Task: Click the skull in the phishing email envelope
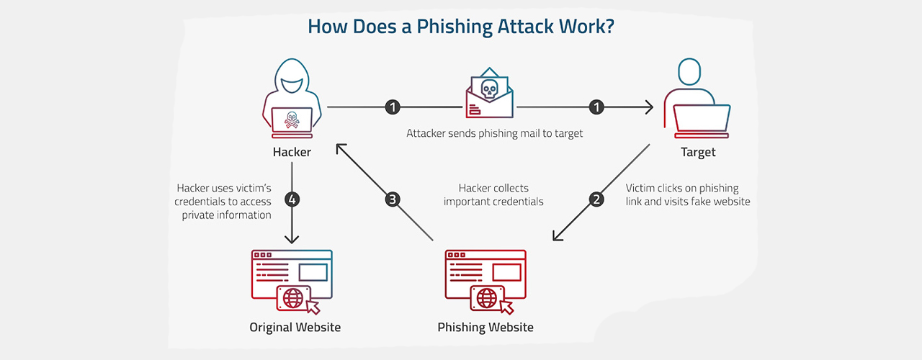click(x=489, y=89)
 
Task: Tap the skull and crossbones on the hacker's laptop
click(x=291, y=120)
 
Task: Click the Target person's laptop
click(x=701, y=119)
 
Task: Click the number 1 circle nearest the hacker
click(x=393, y=107)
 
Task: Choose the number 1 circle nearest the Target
click(x=596, y=107)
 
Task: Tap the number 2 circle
click(x=596, y=199)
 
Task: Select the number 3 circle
click(x=393, y=199)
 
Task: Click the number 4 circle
click(x=292, y=199)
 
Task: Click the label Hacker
click(x=292, y=152)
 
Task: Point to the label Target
click(x=698, y=152)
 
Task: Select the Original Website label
click(x=295, y=327)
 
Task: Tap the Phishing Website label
click(x=485, y=327)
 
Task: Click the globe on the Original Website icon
click(x=294, y=297)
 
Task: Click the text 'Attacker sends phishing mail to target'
click(x=494, y=133)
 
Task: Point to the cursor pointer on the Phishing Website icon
click(x=506, y=307)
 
